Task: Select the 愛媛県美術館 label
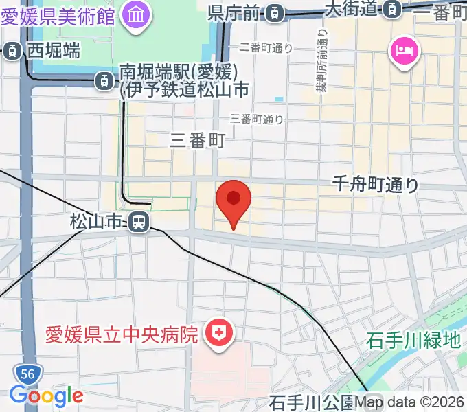[x=58, y=14]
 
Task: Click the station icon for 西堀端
[x=12, y=50]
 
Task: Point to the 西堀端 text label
[x=53, y=50]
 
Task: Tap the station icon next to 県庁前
[x=274, y=12]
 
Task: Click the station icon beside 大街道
[x=392, y=10]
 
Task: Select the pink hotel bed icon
[x=401, y=50]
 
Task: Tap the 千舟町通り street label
[x=375, y=184]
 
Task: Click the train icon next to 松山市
[x=138, y=222]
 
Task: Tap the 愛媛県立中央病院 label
[x=122, y=335]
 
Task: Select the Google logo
[x=46, y=396]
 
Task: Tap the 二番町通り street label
[x=266, y=47]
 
